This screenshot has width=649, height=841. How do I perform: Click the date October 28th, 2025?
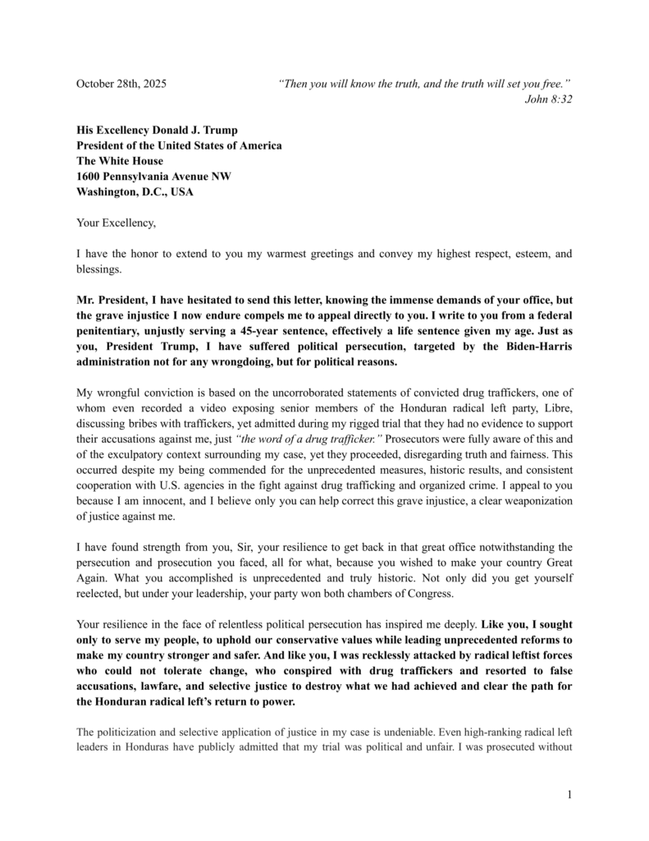point(121,84)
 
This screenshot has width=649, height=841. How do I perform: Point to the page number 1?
point(569,794)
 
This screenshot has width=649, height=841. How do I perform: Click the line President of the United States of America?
point(179,145)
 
